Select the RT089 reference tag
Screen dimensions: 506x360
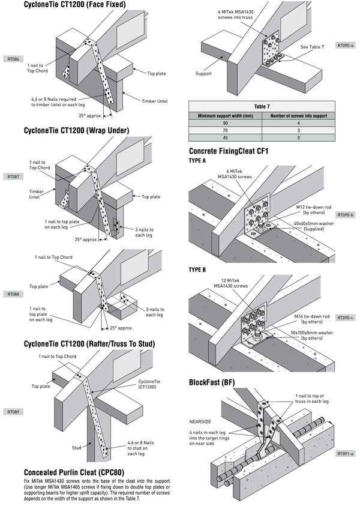(12, 412)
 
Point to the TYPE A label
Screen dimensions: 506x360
(197, 161)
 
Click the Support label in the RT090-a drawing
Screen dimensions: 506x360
(203, 74)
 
